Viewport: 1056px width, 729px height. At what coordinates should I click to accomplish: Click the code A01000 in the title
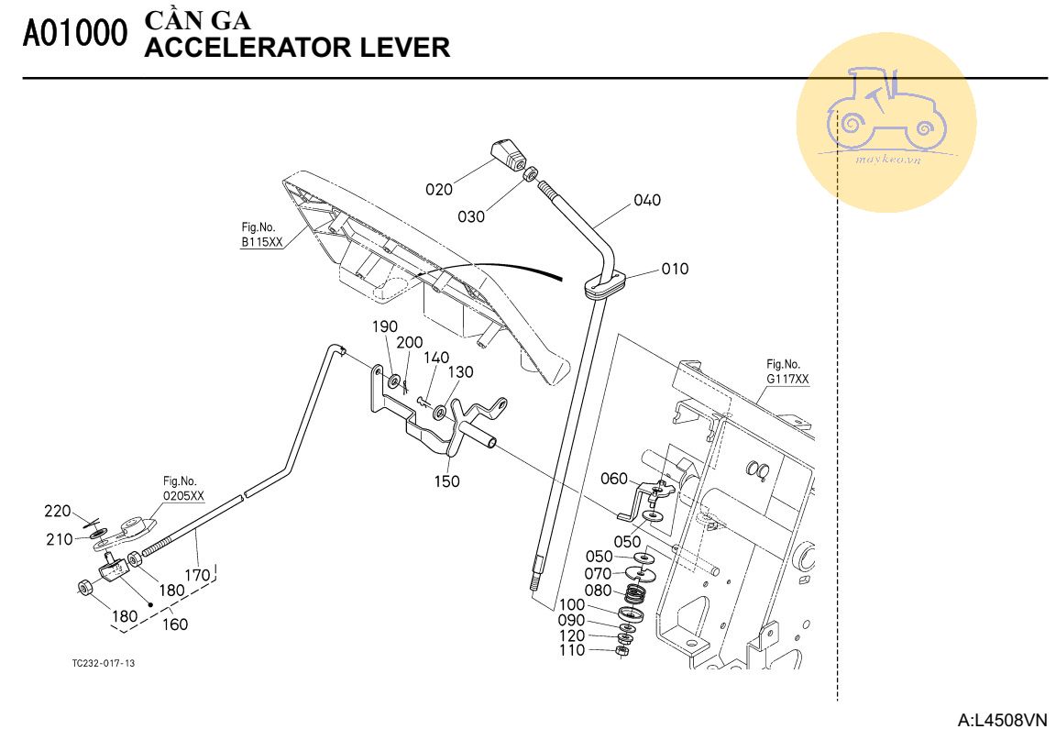point(75,34)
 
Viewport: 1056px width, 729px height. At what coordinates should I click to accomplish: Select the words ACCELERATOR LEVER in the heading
point(297,48)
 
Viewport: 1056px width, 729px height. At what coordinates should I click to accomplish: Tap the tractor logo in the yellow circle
point(885,108)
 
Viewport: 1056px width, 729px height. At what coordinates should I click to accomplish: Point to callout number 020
point(439,190)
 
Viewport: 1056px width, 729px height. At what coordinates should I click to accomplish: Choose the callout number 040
point(646,201)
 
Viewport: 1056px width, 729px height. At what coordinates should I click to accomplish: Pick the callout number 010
point(675,270)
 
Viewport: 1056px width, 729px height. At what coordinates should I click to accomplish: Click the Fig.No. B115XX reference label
point(261,236)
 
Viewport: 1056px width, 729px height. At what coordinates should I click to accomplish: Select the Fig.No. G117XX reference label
point(787,370)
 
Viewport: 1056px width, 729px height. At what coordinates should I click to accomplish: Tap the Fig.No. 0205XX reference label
point(183,488)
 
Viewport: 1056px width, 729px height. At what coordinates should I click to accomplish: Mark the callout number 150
point(447,481)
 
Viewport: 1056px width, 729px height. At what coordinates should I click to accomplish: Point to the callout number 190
point(384,327)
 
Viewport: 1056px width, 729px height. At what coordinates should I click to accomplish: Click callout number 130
point(460,372)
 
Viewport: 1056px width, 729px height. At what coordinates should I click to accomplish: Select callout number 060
point(614,479)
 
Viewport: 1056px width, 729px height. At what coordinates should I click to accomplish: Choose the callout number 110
point(571,650)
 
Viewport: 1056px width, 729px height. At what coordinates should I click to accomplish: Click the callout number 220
point(58,512)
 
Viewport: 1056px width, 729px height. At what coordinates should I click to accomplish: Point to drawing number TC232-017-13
point(103,663)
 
